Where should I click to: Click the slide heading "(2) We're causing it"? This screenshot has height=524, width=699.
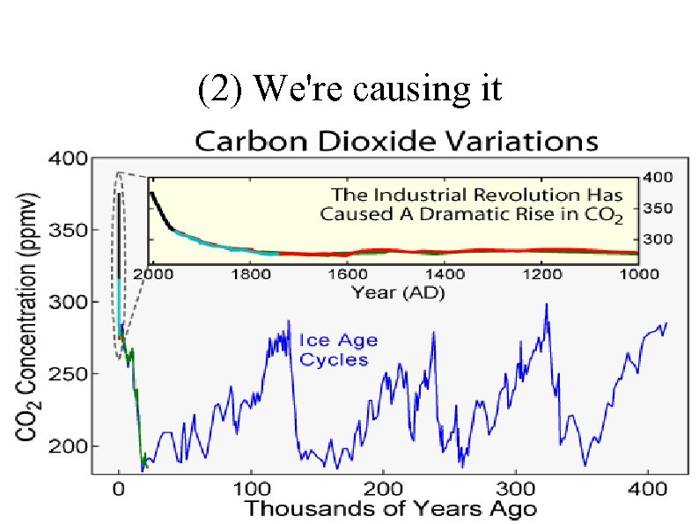tap(349, 89)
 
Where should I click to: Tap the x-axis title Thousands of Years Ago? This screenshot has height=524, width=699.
tap(389, 508)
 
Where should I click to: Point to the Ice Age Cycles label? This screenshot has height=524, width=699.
tap(334, 350)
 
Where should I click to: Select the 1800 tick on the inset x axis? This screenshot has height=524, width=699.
tap(251, 274)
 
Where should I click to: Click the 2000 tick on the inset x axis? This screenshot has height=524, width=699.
tap(155, 274)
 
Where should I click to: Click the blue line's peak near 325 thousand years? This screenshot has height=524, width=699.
tap(547, 305)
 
